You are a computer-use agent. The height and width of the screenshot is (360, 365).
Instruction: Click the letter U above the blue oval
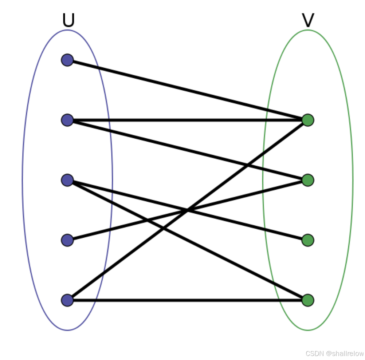pos(68,21)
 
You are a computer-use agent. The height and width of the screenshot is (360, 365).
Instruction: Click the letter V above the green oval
pos(308,21)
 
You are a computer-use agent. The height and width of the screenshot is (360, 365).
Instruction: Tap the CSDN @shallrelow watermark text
pos(334,353)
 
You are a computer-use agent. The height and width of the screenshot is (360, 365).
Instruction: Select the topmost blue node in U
pos(67,60)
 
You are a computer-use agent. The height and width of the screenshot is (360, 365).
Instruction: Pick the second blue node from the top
pos(67,120)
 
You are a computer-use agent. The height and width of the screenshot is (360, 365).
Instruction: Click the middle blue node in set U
pos(67,180)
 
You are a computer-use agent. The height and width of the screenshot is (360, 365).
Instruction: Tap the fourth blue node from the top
pos(67,240)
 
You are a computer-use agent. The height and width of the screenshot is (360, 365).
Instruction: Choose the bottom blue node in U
pos(67,300)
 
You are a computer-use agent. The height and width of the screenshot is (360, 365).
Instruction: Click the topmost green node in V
pos(308,120)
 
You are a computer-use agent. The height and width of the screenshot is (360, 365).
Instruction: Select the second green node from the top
pos(308,180)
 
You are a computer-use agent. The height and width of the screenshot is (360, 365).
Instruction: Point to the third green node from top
pos(308,240)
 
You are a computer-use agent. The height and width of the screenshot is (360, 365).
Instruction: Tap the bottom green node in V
pos(308,300)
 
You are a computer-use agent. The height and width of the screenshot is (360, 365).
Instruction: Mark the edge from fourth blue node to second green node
pos(127,225)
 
